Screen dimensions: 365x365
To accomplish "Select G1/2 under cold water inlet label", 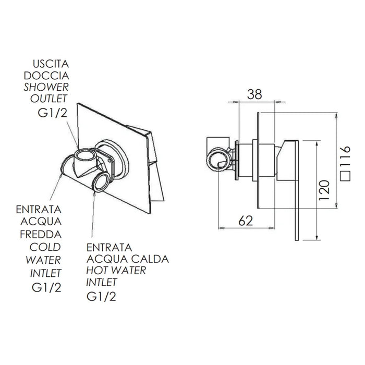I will click(x=46, y=286).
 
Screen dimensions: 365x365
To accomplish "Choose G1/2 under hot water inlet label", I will click(x=100, y=297).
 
